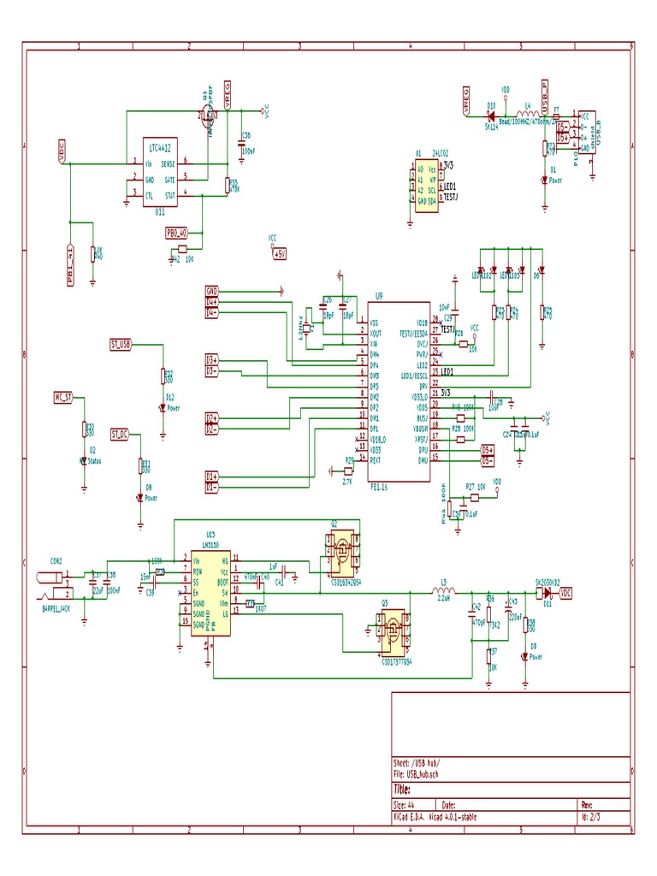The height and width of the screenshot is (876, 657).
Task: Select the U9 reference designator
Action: click(379, 295)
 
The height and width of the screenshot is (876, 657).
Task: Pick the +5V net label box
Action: click(279, 253)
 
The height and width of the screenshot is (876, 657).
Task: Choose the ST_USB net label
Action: click(121, 344)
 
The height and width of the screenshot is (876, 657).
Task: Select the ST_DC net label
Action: click(119, 435)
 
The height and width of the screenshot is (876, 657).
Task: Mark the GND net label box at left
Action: click(212, 291)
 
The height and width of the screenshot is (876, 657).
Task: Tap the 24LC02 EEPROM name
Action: click(441, 151)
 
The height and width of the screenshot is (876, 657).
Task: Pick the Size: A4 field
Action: click(404, 805)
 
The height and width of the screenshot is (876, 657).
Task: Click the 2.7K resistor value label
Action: click(347, 482)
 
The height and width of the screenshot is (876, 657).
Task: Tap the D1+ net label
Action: click(212, 476)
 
